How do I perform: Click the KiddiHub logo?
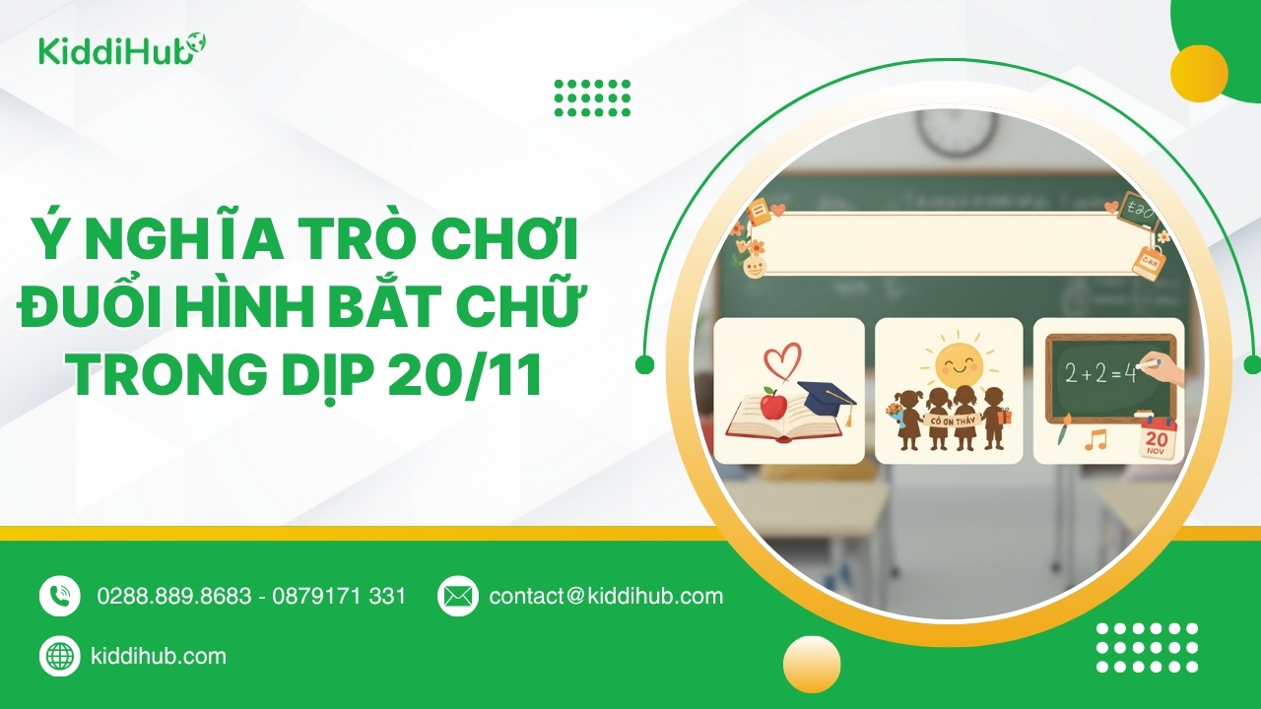tap(121, 49)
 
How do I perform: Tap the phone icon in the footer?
tap(60, 596)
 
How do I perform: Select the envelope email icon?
tap(458, 596)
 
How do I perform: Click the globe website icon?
tap(60, 656)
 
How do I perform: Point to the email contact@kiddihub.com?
tap(606, 597)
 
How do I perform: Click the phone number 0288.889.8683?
tap(174, 597)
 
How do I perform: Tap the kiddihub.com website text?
tap(159, 656)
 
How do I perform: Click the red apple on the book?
tap(774, 404)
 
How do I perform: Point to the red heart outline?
tap(782, 363)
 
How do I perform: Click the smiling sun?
tap(959, 361)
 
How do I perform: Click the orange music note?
tap(1095, 439)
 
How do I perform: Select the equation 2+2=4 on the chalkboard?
tap(1100, 373)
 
